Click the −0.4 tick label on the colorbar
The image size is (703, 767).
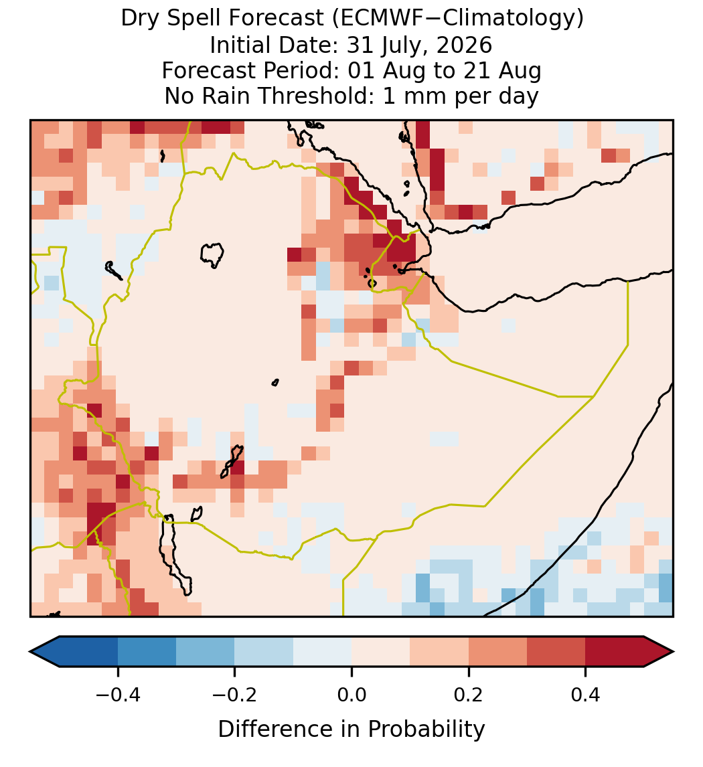click(117, 694)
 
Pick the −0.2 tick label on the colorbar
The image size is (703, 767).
click(234, 694)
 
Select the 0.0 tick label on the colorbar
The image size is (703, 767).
click(351, 694)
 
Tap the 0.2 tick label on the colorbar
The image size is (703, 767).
click(469, 694)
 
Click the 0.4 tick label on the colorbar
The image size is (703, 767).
click(586, 694)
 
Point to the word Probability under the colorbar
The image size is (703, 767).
click(426, 730)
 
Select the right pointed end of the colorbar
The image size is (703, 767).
click(673, 652)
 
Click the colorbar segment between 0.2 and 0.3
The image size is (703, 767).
click(498, 652)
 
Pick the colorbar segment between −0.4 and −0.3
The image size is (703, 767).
click(147, 652)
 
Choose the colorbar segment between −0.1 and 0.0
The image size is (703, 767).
click(323, 652)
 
